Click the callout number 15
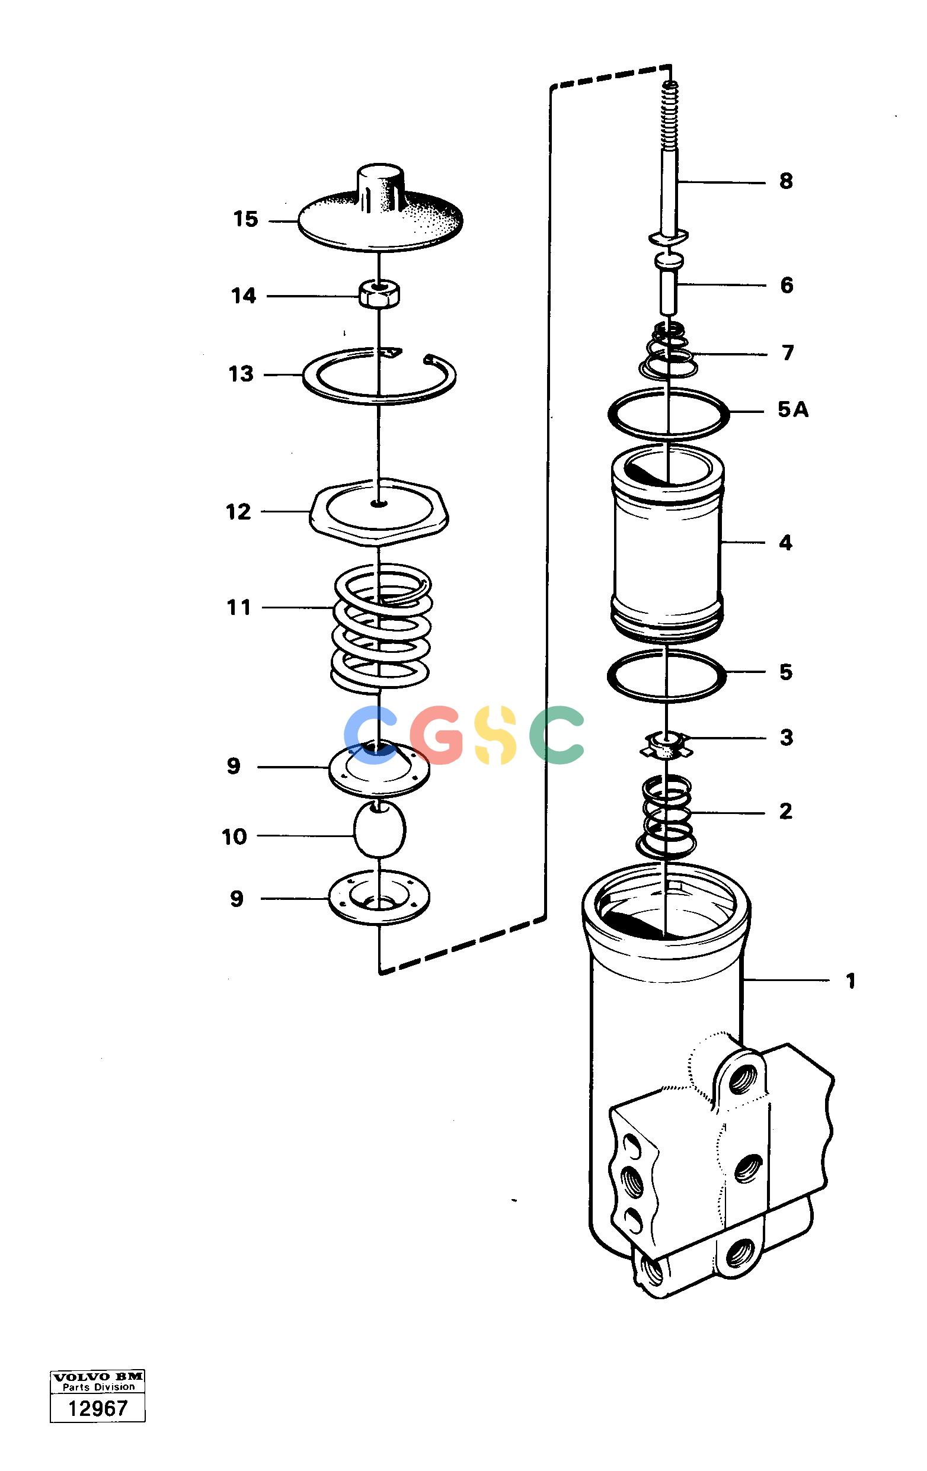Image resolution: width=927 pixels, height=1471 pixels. tap(245, 219)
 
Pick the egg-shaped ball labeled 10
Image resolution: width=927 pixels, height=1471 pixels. tap(379, 831)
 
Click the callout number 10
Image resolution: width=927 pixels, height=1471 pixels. tap(234, 837)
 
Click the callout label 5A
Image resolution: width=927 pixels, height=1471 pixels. tap(792, 410)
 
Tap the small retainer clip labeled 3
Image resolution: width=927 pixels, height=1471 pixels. tap(666, 745)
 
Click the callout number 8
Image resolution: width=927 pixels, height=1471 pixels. tap(786, 181)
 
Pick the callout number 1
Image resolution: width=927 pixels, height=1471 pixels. tap(850, 982)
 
